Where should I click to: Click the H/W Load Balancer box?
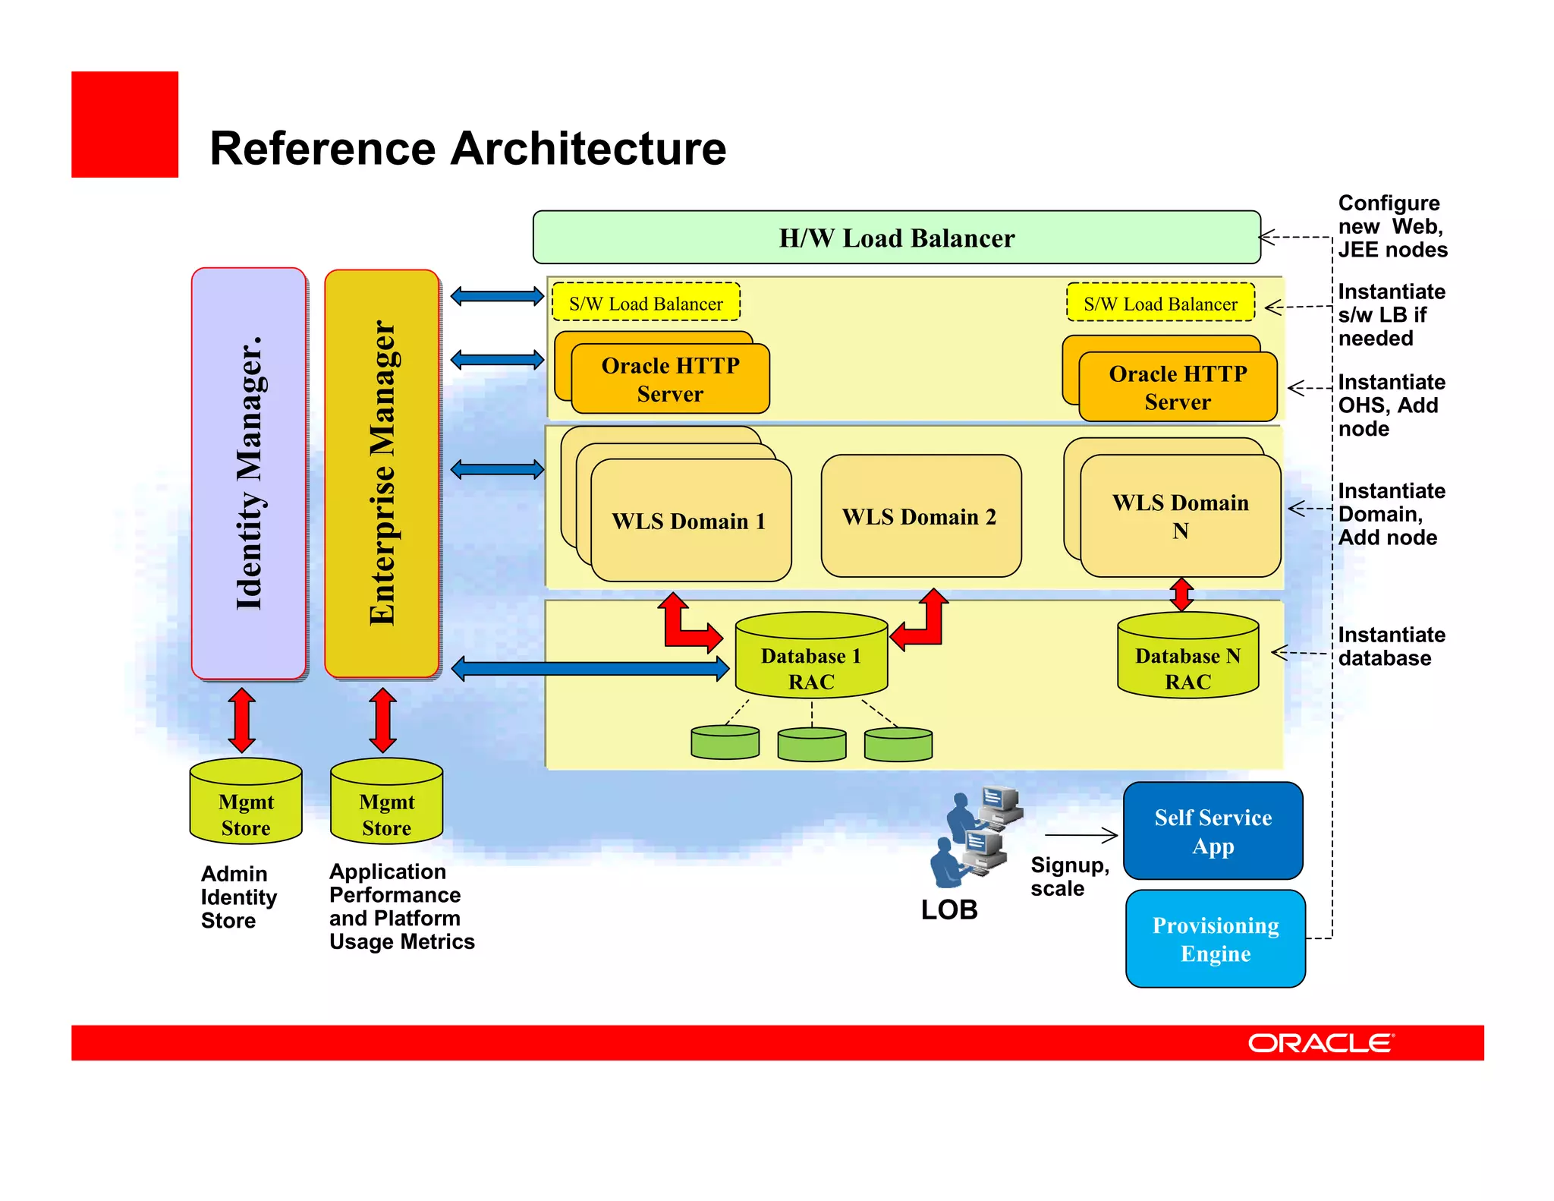click(896, 238)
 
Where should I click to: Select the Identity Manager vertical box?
click(249, 473)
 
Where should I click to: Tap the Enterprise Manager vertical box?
click(382, 473)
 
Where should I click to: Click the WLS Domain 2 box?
click(920, 516)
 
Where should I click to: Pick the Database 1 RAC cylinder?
click(811, 657)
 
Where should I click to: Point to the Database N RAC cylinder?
click(1188, 657)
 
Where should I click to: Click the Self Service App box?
click(1213, 831)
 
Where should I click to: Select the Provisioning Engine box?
click(1215, 939)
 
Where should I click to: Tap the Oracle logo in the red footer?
click(1320, 1043)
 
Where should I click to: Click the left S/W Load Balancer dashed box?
click(646, 303)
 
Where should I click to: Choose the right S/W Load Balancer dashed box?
click(1160, 303)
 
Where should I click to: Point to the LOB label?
click(949, 909)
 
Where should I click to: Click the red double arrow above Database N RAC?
click(1181, 594)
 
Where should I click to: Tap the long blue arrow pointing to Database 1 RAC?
click(590, 669)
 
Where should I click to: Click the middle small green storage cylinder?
click(812, 744)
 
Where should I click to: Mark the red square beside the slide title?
click(124, 125)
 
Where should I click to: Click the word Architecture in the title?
click(588, 148)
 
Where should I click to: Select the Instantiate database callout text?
click(1391, 646)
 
